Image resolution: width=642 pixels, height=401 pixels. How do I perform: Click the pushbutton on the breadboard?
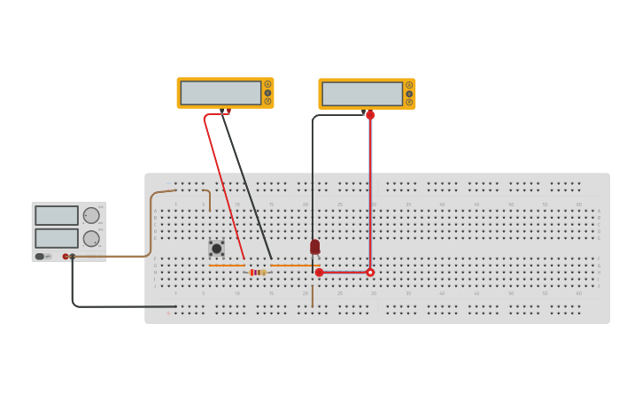pyautogui.click(x=216, y=249)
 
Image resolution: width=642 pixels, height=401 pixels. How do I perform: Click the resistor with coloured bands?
pyautogui.click(x=258, y=272)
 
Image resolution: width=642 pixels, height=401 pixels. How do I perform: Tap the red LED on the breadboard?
pyautogui.click(x=314, y=246)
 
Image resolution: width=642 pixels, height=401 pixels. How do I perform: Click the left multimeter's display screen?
pyautogui.click(x=220, y=93)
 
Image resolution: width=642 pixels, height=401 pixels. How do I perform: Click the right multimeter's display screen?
pyautogui.click(x=362, y=94)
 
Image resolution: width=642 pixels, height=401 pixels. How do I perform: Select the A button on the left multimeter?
pyautogui.click(x=267, y=85)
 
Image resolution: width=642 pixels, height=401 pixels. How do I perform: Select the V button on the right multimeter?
pyautogui.click(x=409, y=94)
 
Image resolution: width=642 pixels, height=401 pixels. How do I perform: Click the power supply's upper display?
pyautogui.click(x=57, y=215)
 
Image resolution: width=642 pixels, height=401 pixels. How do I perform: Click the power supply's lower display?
pyautogui.click(x=57, y=238)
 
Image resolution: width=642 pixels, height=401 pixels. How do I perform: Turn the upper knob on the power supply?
pyautogui.click(x=91, y=215)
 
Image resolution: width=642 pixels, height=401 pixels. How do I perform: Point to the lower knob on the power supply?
pyautogui.click(x=91, y=238)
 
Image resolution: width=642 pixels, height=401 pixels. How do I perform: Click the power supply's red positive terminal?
pyautogui.click(x=66, y=257)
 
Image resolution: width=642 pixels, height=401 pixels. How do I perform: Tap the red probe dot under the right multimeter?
pyautogui.click(x=370, y=115)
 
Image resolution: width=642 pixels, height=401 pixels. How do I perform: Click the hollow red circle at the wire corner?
pyautogui.click(x=370, y=273)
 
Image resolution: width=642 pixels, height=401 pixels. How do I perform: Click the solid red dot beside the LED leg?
pyautogui.click(x=320, y=273)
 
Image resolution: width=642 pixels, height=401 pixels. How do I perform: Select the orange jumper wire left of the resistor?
pyautogui.click(x=227, y=266)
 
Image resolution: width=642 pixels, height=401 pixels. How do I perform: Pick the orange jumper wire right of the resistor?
pyautogui.click(x=294, y=266)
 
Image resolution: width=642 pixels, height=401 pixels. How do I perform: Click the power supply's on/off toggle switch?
pyautogui.click(x=41, y=257)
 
